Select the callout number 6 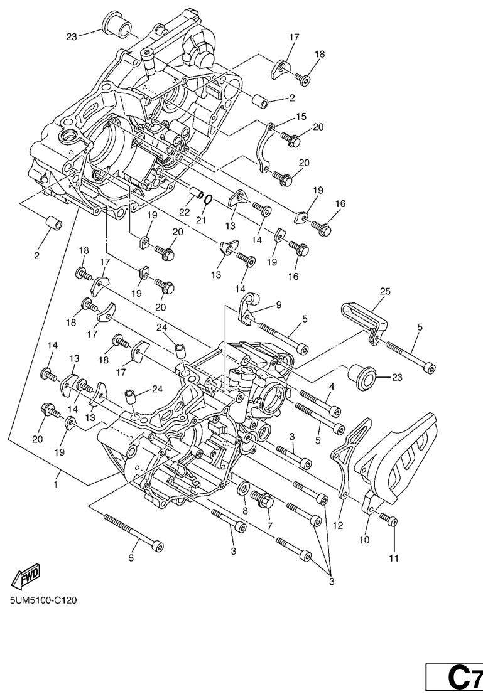[x=131, y=558]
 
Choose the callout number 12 [x=338, y=526]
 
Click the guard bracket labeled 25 [x=364, y=317]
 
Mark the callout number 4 [x=331, y=387]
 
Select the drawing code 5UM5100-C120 [x=43, y=600]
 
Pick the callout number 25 [x=385, y=291]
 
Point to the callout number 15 [x=301, y=117]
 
